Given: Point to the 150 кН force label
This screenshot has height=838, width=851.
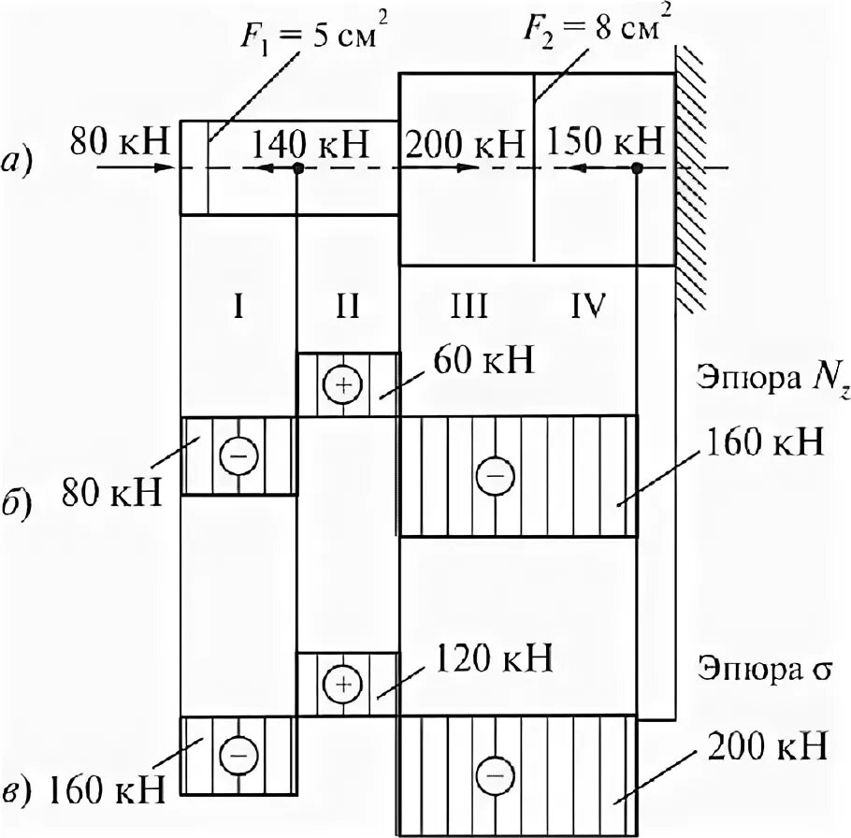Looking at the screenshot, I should point(605,145).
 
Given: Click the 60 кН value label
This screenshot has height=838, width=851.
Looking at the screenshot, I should point(483,361).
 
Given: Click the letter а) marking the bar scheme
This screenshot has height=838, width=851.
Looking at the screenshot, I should point(20,163).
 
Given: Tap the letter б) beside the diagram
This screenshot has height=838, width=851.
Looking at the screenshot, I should point(21,505).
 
